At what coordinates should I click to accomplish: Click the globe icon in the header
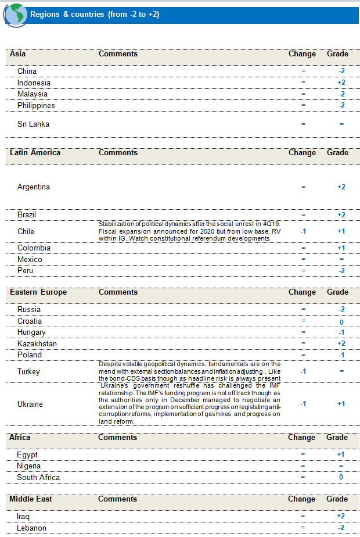[15, 14]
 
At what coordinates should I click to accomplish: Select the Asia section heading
[18, 54]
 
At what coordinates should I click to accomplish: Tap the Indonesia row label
[34, 83]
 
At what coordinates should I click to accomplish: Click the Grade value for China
[341, 71]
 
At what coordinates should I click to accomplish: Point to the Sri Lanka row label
[33, 124]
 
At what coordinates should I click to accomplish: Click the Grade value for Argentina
[341, 187]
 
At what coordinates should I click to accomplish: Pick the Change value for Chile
[303, 231]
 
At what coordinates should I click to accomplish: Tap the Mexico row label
[30, 259]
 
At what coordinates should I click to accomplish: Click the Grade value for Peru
[341, 271]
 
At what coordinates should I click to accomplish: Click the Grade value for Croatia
[341, 321]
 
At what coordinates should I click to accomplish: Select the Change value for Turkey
[303, 371]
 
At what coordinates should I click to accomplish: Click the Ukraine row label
[30, 404]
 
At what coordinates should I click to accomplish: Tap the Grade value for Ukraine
[341, 404]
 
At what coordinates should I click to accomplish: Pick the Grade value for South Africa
[341, 477]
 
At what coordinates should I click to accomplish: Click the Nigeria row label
[29, 466]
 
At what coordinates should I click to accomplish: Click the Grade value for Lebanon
[341, 528]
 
